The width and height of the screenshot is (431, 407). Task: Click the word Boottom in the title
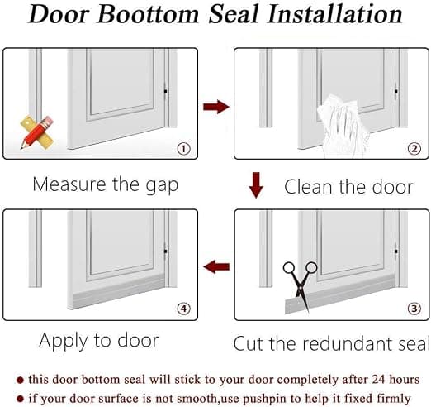coord(148,14)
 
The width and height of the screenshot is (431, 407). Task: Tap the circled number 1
coord(183,149)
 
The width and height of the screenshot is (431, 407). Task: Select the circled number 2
coord(414,149)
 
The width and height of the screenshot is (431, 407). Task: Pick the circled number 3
coord(414,309)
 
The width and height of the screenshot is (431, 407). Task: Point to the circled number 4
coord(183,309)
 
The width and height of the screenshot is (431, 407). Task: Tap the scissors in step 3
coord(301,284)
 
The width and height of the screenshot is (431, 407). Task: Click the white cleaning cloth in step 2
coord(341,127)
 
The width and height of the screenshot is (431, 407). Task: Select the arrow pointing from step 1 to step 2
coord(216,107)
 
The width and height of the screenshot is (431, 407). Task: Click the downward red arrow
coord(256,185)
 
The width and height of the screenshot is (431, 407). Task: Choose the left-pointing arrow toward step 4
coord(216,266)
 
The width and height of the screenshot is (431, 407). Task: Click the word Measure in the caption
coord(69,184)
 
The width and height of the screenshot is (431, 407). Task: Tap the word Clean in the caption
coord(309,187)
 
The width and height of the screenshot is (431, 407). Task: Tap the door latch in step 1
coord(165,91)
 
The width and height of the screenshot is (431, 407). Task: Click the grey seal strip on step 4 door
coord(117,293)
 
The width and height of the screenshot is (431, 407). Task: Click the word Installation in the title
coord(335,14)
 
